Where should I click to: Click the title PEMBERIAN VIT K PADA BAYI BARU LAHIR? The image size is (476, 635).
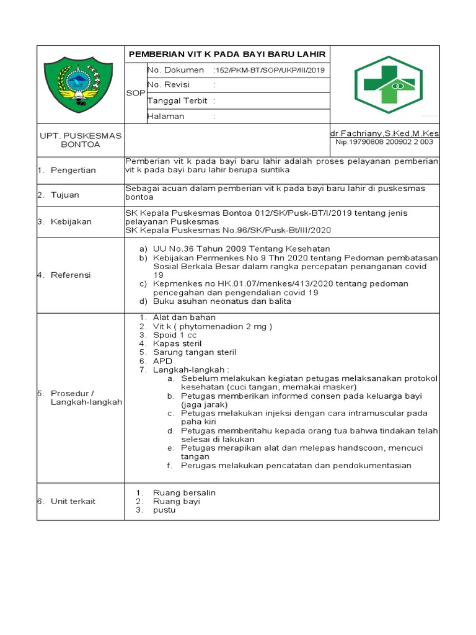[227, 54]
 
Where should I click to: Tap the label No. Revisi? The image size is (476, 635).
[168, 85]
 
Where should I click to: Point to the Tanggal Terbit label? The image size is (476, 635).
[177, 100]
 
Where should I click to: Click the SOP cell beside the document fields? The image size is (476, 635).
[135, 93]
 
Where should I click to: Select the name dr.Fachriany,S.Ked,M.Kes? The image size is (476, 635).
[384, 133]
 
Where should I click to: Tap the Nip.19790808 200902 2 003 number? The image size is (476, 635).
[384, 142]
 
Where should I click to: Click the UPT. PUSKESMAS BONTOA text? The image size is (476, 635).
[81, 140]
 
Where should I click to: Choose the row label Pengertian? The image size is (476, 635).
[73, 171]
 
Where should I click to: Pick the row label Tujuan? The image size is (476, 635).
[65, 195]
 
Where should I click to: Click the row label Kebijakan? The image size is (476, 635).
[71, 221]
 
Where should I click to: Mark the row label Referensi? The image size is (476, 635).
[71, 275]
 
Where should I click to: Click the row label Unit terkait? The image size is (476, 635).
[73, 501]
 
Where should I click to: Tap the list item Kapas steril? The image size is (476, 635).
[177, 344]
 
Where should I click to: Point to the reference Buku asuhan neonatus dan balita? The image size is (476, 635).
[222, 301]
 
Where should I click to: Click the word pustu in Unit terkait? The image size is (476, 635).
[164, 510]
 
